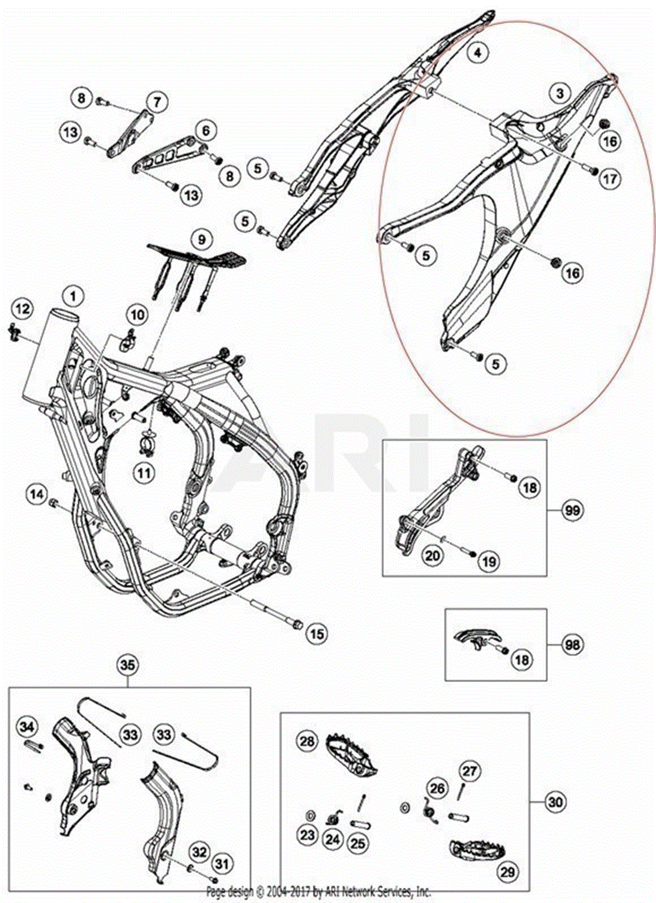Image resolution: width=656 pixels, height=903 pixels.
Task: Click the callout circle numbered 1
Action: (73, 295)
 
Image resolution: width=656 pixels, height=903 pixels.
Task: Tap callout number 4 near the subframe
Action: (477, 53)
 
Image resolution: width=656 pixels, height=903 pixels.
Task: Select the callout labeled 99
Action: (572, 510)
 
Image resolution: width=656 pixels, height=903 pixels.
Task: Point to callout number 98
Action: (572, 644)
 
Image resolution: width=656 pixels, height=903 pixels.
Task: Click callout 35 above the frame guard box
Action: (128, 665)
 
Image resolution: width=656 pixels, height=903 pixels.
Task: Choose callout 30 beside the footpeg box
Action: (555, 801)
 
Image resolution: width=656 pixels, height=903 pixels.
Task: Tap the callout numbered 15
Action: (317, 634)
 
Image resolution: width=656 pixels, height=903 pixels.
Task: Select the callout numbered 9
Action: (201, 239)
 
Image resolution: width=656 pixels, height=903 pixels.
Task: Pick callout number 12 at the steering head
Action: (23, 309)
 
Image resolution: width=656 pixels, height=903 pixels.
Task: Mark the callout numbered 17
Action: (610, 179)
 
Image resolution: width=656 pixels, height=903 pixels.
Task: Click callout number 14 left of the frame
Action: (37, 494)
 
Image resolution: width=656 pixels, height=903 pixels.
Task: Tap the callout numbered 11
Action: (144, 472)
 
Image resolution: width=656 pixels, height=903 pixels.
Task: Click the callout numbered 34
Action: (27, 727)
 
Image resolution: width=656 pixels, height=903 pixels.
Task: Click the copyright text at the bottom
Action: (318, 892)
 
